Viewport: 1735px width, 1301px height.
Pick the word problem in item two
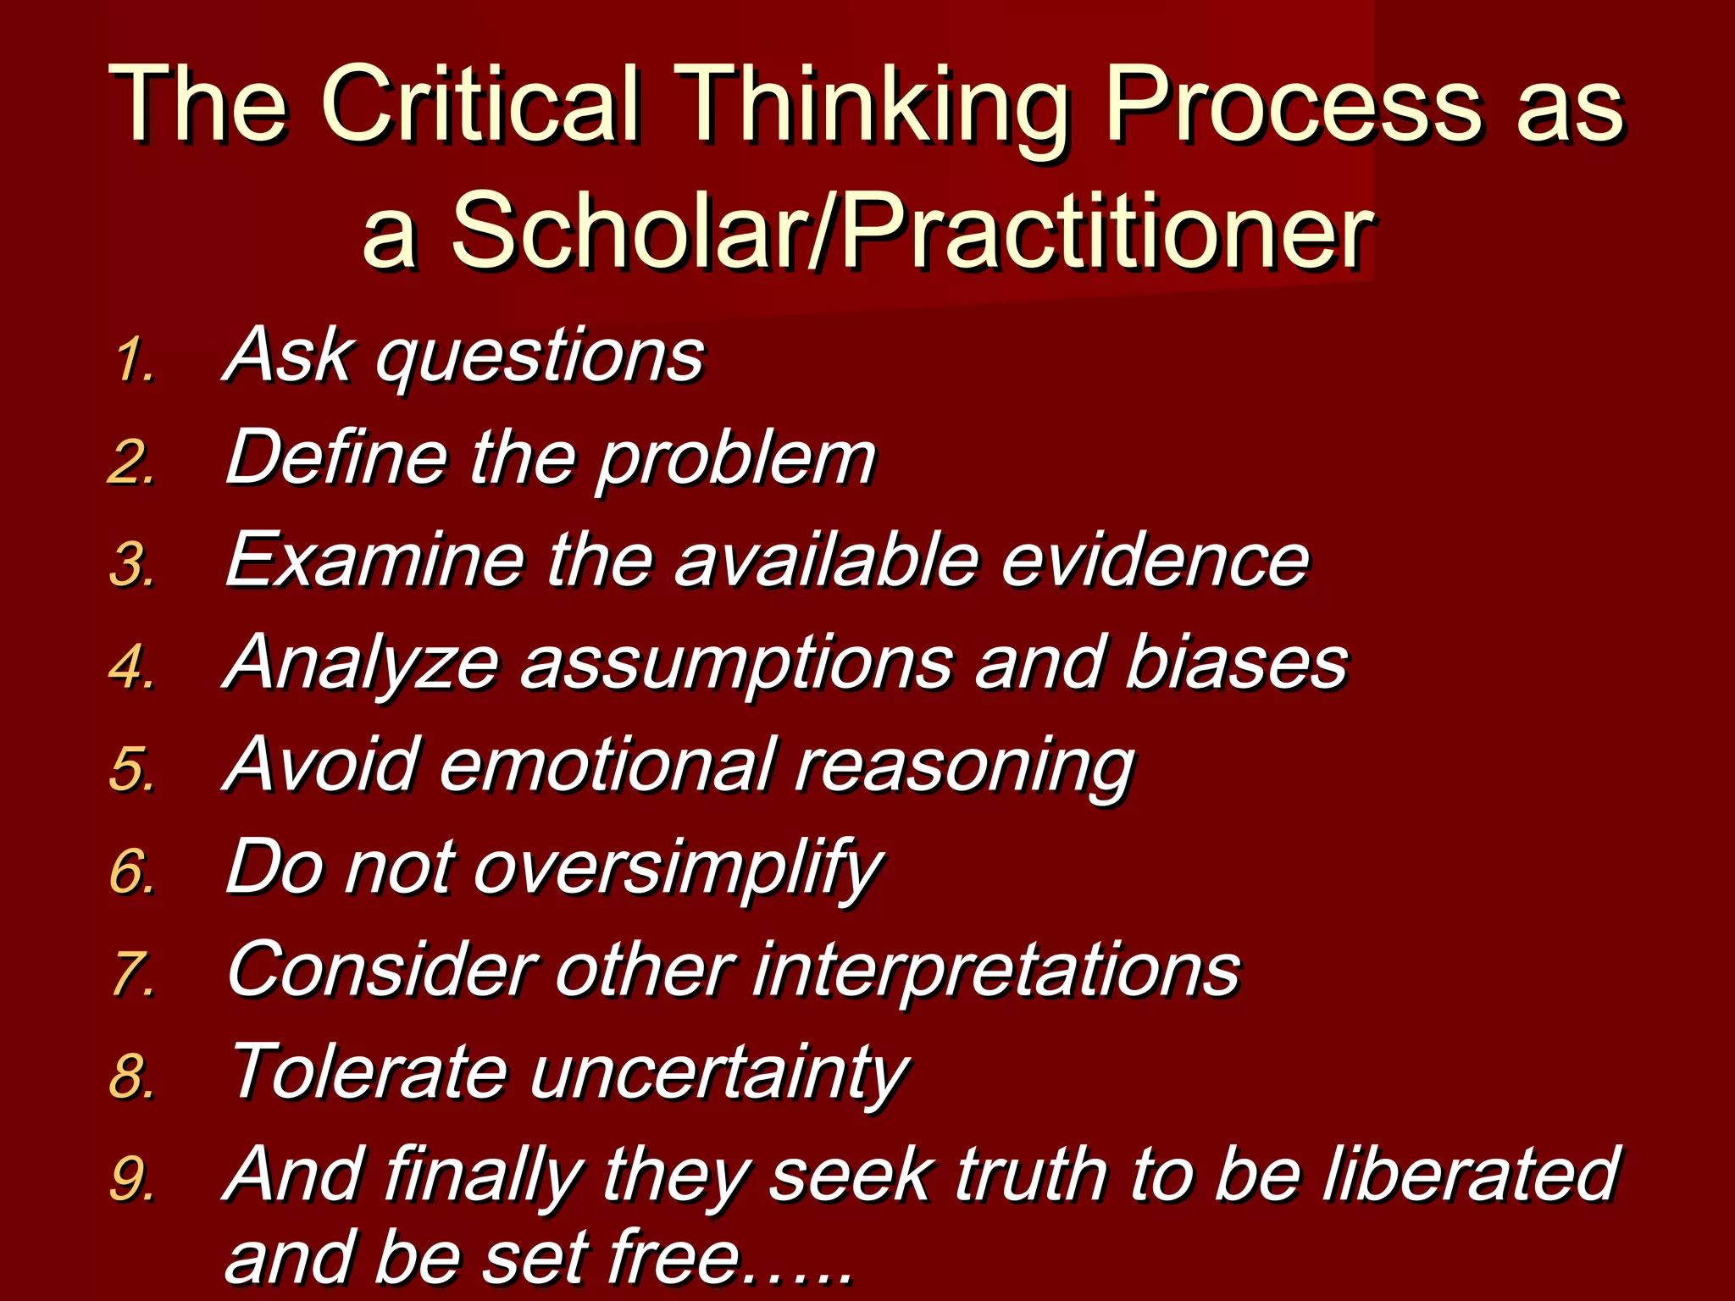tap(735, 460)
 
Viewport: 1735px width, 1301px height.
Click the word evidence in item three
tap(1155, 560)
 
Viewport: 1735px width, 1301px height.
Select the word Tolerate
tap(369, 1071)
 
